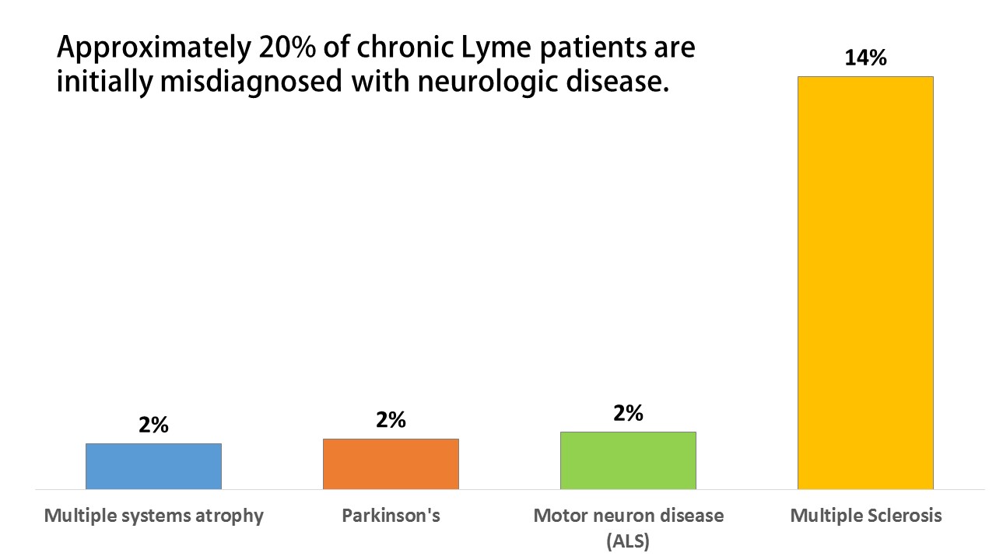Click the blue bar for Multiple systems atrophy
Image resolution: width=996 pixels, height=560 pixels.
(x=153, y=466)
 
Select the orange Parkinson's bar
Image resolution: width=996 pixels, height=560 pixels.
(x=391, y=464)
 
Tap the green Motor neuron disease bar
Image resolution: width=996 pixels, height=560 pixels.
(x=628, y=460)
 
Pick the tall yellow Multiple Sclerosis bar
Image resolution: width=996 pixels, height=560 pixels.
(x=865, y=282)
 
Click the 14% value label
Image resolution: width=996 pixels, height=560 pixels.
(x=865, y=58)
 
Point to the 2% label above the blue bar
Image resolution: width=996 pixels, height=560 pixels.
(x=153, y=425)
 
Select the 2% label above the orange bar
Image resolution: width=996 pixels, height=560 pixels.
(x=391, y=420)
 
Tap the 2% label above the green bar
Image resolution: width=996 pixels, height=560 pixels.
(x=628, y=414)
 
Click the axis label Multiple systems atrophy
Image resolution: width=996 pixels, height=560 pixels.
(x=154, y=516)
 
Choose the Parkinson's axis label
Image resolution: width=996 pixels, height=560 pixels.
(x=391, y=516)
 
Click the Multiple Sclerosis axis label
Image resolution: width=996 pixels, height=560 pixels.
(x=866, y=516)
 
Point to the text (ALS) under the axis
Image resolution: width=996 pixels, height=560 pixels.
(x=628, y=541)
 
